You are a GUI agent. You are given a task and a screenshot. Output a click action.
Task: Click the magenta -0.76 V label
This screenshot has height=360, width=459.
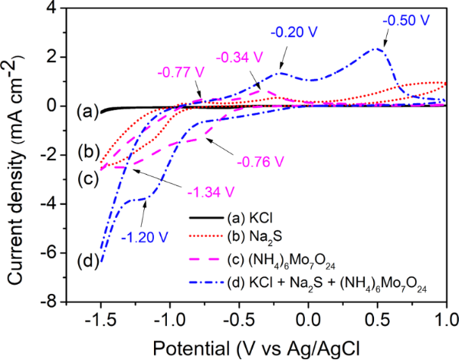(x=260, y=162)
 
